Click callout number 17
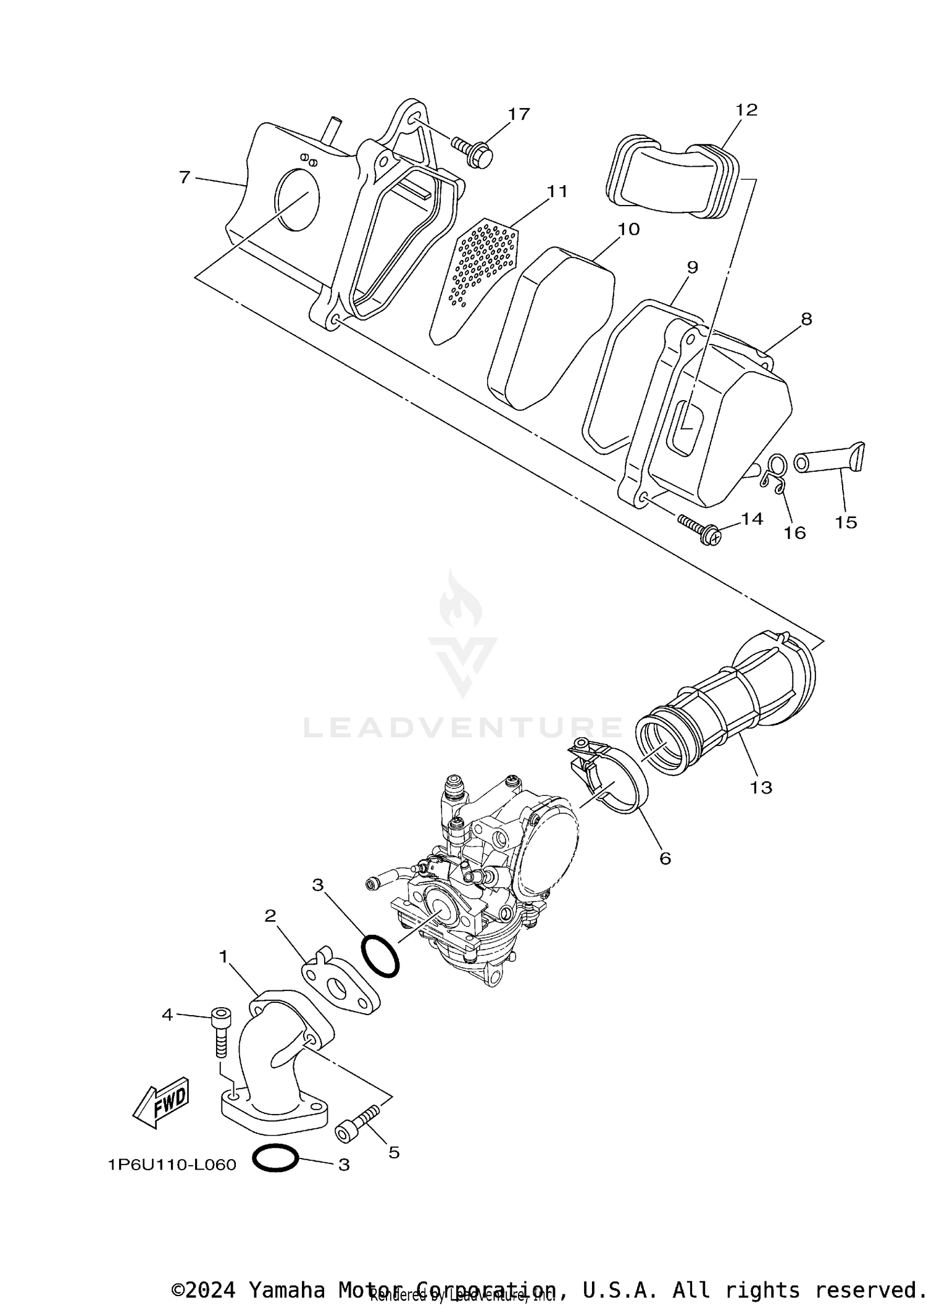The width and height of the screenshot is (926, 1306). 519,114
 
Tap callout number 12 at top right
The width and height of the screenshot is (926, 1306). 746,110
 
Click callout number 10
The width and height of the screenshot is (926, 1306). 628,230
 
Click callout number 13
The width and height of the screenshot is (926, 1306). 761,787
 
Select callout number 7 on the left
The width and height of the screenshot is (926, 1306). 184,177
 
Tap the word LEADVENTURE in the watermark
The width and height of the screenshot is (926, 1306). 463,728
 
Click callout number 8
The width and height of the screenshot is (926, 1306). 806,319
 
